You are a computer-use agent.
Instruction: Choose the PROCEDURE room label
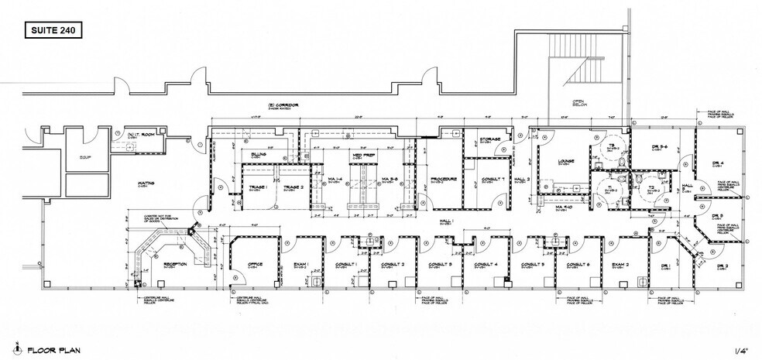click(442, 179)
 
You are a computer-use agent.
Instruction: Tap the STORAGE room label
click(489, 139)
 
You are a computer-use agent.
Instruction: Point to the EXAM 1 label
click(300, 265)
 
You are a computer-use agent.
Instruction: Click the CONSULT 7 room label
click(492, 179)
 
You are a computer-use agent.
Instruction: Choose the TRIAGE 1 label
click(257, 187)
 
